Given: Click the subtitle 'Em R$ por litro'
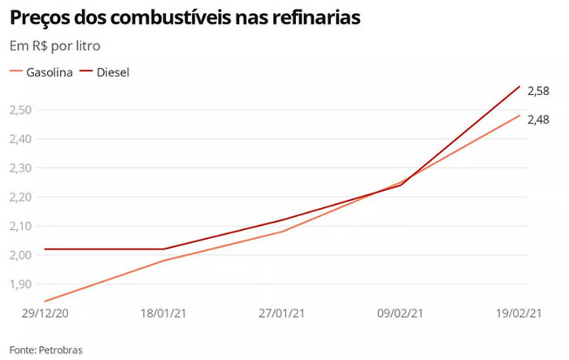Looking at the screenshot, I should [x=55, y=46].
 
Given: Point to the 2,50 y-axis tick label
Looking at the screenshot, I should [x=20, y=110].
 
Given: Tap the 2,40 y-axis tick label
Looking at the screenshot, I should [x=20, y=139].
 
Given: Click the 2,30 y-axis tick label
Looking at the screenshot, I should [x=20, y=168].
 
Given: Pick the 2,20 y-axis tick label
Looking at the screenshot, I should [x=20, y=197].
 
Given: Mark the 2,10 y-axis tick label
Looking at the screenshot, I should [x=20, y=227].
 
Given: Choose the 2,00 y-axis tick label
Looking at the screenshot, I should [x=20, y=255].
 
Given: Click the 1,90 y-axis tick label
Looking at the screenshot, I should [x=20, y=284].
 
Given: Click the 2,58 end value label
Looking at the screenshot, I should [x=538, y=92].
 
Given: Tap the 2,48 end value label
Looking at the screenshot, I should [x=538, y=119].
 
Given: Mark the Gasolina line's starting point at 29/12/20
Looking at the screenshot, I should [x=46, y=301].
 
